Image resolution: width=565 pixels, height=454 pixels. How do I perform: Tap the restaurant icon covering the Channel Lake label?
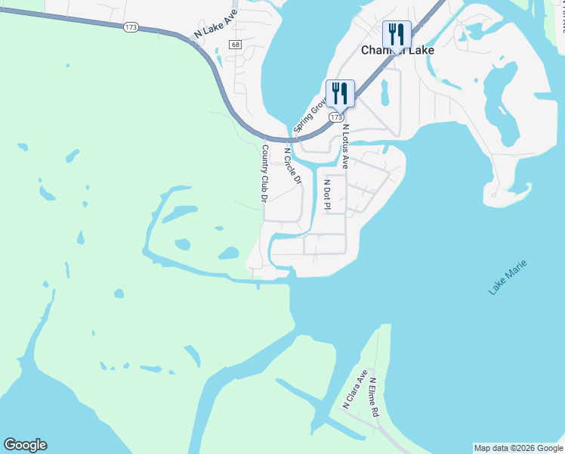tap(397, 34)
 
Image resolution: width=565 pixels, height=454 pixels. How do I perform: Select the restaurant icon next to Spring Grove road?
tap(340, 94)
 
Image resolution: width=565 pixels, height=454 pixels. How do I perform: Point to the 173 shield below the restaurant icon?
tap(338, 118)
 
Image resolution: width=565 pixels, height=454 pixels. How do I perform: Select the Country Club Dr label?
tap(264, 173)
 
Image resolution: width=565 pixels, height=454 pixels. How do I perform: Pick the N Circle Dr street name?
tap(292, 165)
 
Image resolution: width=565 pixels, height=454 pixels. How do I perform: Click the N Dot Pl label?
tap(327, 194)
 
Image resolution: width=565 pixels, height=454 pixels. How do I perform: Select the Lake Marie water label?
tap(506, 277)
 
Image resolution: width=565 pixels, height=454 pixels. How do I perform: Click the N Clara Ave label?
tap(354, 389)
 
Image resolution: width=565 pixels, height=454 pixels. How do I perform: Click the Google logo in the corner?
tap(25, 445)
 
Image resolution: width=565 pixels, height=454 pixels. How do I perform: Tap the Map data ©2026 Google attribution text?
tap(518, 448)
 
